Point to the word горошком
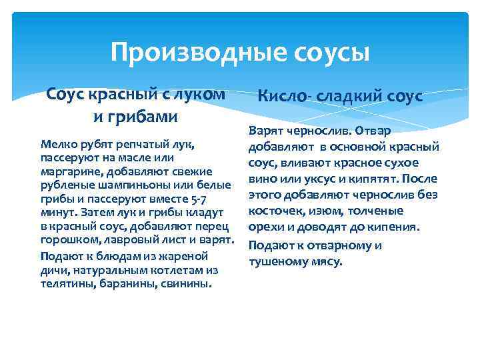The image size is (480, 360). (x=67, y=239)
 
